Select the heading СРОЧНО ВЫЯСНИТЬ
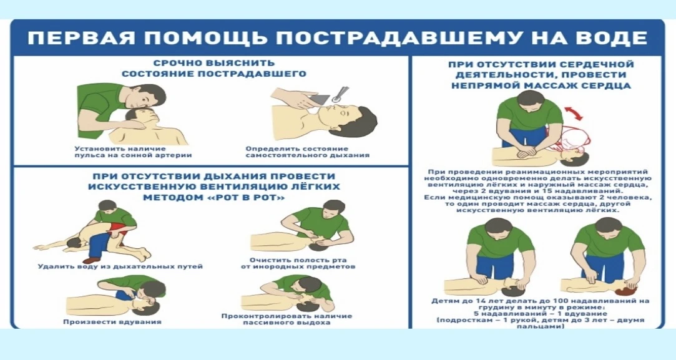(x=214, y=64)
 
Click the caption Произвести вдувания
(x=112, y=321)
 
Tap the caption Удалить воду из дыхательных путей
(x=120, y=266)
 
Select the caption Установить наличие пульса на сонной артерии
(x=133, y=152)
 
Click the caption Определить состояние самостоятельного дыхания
(x=307, y=152)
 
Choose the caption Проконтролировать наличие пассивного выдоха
(x=287, y=319)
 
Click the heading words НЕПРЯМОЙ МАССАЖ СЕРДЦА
(x=541, y=85)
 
